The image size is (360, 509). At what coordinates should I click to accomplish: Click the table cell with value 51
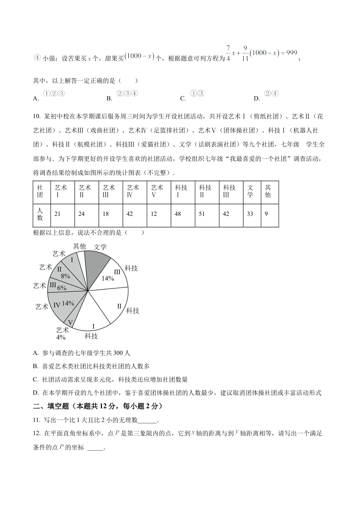point(207,214)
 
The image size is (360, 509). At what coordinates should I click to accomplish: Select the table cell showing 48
point(183,214)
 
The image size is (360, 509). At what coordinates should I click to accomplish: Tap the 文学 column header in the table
point(250,191)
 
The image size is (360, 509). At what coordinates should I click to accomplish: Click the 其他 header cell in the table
point(269,191)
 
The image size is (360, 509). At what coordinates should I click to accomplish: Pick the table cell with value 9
point(269,214)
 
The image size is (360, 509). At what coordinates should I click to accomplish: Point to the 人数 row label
point(40,214)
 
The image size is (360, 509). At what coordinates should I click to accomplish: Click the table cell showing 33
point(250,214)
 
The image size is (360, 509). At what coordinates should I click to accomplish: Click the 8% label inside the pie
point(66,276)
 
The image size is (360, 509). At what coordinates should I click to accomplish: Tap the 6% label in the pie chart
point(62,288)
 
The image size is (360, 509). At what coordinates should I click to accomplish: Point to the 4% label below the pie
point(61,337)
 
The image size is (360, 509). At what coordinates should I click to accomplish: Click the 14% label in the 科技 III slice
point(108,278)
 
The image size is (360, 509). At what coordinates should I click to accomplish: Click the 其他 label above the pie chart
point(80,246)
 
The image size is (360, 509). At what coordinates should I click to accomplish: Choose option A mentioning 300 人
point(81,353)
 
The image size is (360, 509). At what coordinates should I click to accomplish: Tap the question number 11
point(37,420)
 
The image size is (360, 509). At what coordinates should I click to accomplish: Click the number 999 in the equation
point(291,53)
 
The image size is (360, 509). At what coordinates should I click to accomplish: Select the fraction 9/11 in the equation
point(245,53)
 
